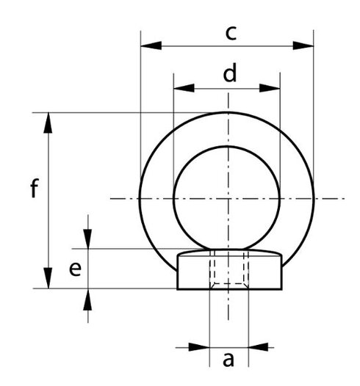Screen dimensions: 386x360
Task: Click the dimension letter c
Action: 230,32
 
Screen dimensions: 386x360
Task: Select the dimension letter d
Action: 230,73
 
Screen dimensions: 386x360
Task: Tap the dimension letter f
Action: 34,189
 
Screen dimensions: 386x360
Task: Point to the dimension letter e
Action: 74,269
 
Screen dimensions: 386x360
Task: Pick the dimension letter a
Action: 228,360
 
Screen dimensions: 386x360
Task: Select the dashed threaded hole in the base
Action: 228,269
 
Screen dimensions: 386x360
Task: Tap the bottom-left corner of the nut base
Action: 179,288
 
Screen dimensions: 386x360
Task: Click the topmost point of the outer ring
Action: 228,112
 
